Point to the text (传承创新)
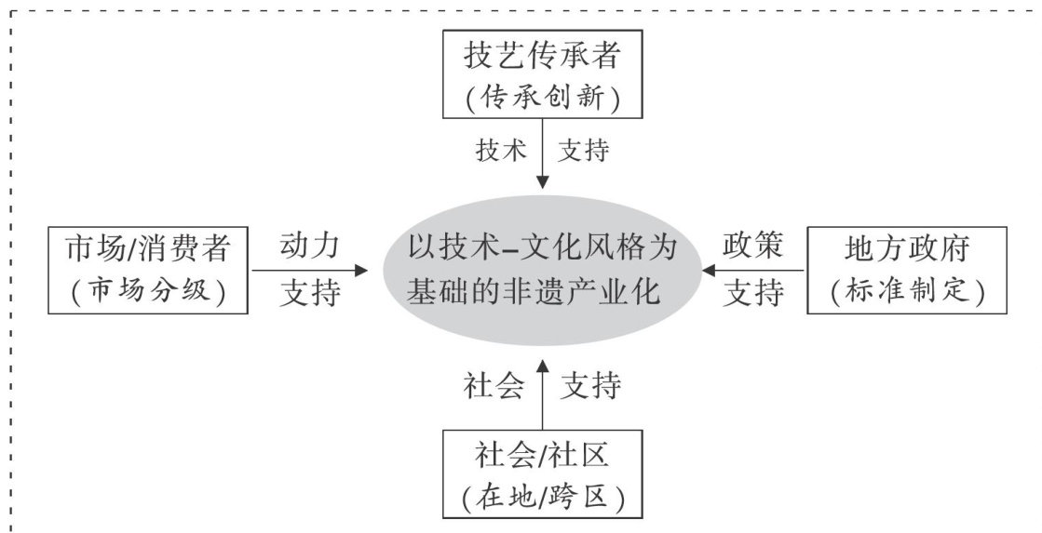(x=542, y=98)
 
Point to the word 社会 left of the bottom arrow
(x=494, y=386)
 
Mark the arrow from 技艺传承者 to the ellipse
(x=542, y=158)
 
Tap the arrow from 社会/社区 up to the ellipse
(x=542, y=391)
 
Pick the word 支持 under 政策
(x=754, y=293)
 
